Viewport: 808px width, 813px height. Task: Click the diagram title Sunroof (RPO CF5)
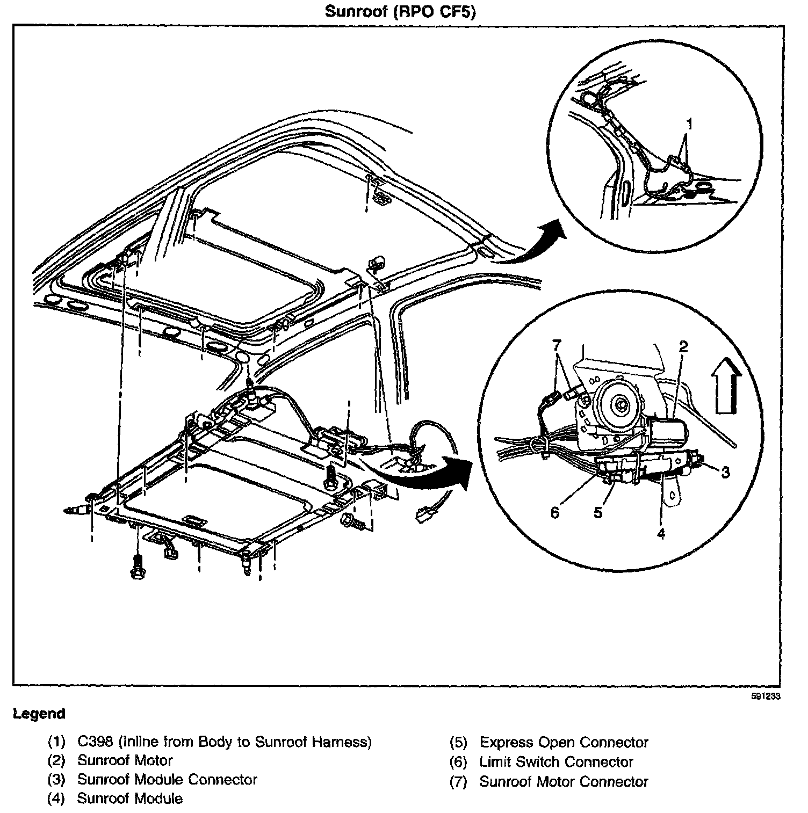pos(400,11)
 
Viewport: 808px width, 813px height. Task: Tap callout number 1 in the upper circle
pos(689,125)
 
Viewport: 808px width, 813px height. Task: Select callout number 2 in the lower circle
pos(683,346)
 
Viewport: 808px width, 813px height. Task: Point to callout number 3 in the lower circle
pos(725,472)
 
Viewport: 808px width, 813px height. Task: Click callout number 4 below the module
pos(661,534)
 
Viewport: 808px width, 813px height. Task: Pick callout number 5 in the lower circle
pos(598,512)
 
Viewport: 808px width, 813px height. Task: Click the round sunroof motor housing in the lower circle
pos(621,402)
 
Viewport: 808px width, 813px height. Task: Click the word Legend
pos(39,714)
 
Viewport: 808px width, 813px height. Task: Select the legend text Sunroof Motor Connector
pos(564,781)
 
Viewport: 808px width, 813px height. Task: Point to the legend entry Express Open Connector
pos(564,742)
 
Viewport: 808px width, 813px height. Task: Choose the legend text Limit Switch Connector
pos(556,761)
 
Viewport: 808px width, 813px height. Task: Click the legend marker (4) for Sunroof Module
pos(56,799)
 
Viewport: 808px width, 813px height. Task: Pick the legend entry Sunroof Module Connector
pos(167,779)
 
